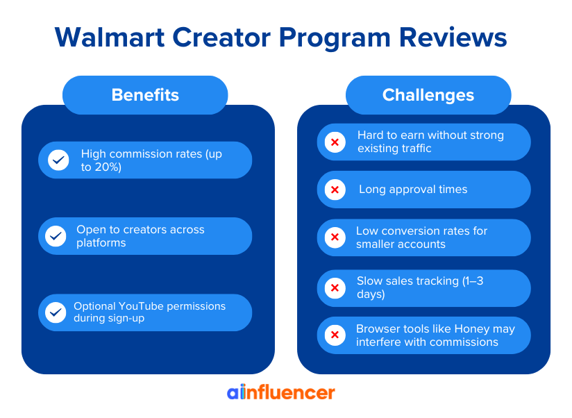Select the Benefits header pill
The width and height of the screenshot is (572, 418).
(x=145, y=95)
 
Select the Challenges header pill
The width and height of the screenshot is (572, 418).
(x=428, y=95)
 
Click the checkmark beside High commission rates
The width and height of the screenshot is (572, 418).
(x=58, y=160)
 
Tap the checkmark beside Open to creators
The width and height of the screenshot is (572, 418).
(x=56, y=236)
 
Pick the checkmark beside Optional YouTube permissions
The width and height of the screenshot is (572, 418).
(x=56, y=312)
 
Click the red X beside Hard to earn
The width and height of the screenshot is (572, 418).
(x=335, y=142)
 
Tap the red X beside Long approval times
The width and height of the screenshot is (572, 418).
(x=335, y=190)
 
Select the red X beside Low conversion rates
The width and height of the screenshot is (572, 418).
(x=335, y=237)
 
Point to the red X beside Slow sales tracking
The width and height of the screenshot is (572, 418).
(x=335, y=287)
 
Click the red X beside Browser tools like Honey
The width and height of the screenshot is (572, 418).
(x=335, y=335)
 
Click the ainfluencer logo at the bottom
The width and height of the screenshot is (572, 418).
(x=281, y=392)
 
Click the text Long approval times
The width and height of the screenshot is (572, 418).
(x=413, y=190)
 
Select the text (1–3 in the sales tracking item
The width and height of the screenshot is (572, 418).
(x=485, y=281)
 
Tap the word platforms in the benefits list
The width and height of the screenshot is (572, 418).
(x=101, y=243)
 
